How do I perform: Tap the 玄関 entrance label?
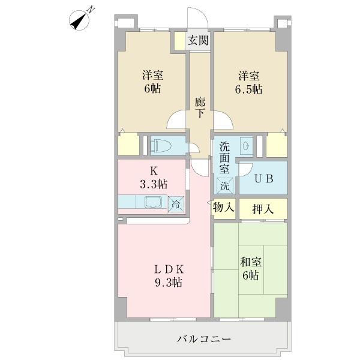click(198, 41)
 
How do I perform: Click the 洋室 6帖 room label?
click(152, 82)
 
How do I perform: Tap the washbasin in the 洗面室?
click(246, 146)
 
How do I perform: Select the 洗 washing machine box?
click(224, 185)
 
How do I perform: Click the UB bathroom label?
click(263, 178)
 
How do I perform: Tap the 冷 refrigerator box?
click(176, 203)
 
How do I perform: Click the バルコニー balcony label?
click(204, 339)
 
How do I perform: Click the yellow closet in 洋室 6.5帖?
click(276, 145)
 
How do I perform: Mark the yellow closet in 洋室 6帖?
click(128, 146)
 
